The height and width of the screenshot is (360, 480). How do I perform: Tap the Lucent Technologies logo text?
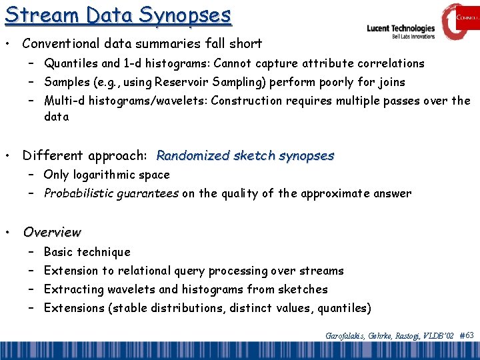coord(401,29)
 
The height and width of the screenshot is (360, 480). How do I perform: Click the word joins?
coord(390,82)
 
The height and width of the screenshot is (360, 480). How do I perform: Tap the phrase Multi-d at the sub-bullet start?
coord(66,101)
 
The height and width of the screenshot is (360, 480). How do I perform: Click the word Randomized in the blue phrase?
coord(194,156)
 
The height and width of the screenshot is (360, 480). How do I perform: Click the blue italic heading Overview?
coord(52,233)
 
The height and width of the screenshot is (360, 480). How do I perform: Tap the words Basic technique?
coord(87,252)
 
